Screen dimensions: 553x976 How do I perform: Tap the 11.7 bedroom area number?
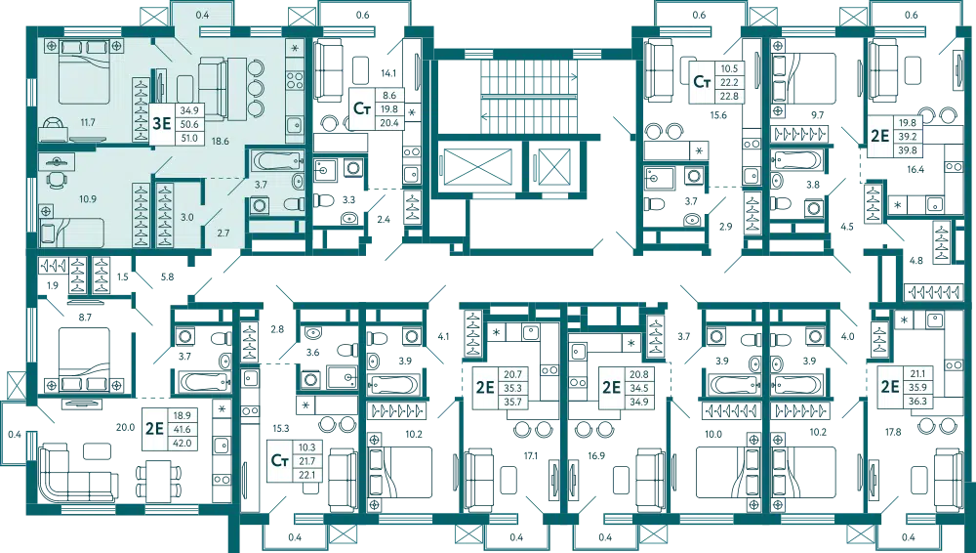coord(88,122)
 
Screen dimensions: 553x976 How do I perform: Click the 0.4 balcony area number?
coord(202,15)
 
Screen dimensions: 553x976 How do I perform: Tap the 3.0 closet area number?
coord(187,216)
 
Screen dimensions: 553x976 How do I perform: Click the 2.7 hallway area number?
coord(223,232)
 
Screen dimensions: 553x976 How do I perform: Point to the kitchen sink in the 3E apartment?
coord(293,122)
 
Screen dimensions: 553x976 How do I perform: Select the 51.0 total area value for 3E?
coord(189,138)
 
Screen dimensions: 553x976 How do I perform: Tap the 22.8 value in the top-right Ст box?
coord(729,96)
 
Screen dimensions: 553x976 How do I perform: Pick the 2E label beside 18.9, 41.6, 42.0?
coord(153,427)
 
